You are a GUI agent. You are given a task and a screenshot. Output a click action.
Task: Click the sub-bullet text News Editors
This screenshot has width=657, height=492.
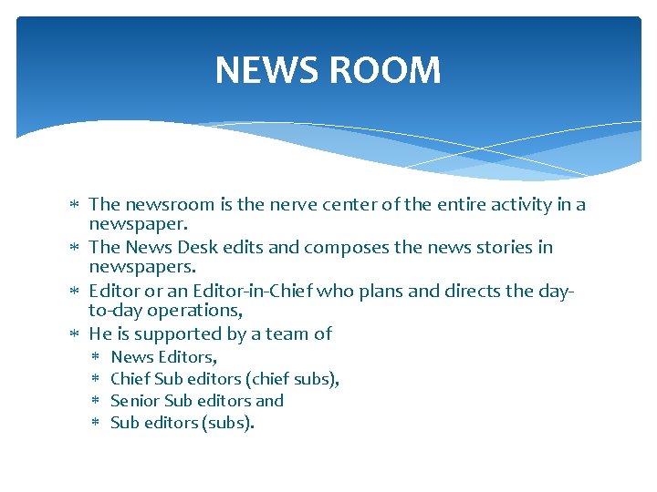[162, 357]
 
